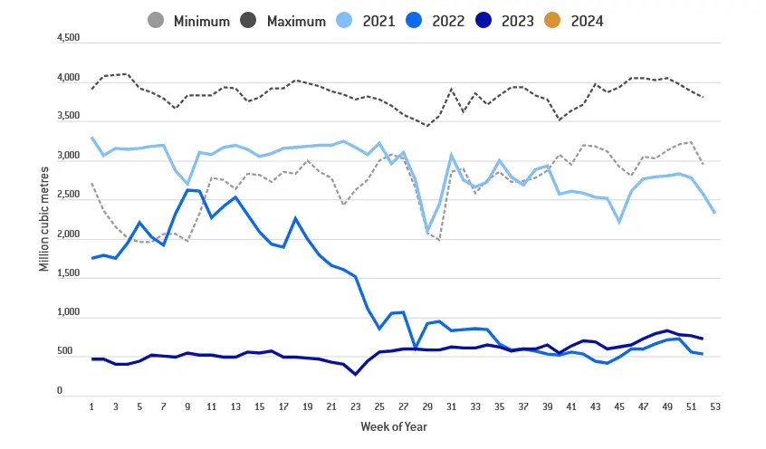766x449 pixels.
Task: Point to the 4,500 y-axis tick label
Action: click(69, 39)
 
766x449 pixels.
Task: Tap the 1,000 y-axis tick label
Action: click(69, 314)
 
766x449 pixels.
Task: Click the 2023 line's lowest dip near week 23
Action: click(356, 374)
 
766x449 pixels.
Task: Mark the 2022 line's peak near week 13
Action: click(235, 196)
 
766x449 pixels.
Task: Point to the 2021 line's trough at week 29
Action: click(427, 232)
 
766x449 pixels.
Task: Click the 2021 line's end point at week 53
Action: click(714, 212)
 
